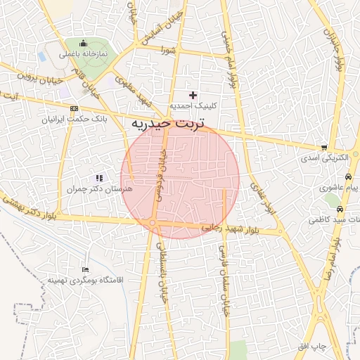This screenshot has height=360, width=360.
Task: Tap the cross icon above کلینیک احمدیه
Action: [193, 95]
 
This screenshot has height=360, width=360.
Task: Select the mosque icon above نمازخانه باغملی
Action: [84, 43]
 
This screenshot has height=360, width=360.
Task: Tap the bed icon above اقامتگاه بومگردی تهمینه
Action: [86, 269]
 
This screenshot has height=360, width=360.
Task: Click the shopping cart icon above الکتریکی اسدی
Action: [323, 148]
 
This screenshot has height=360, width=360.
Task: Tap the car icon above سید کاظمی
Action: [340, 210]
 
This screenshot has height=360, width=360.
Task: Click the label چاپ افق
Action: [310, 347]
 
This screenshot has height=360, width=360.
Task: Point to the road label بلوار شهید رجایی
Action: [231, 228]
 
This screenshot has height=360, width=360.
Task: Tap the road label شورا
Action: [167, 50]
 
